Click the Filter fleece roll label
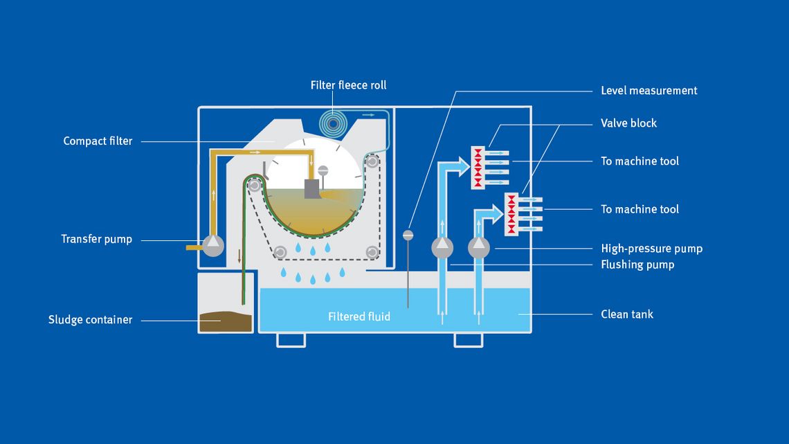(348, 86)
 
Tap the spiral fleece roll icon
(334, 123)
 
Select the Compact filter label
(98, 141)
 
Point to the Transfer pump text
(96, 240)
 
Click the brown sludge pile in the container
(225, 321)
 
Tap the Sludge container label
(90, 320)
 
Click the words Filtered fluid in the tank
(359, 317)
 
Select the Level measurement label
(649, 91)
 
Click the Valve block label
(628, 123)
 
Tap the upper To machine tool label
(640, 161)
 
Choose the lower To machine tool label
(640, 209)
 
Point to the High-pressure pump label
(651, 249)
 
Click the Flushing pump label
(637, 265)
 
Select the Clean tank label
(626, 314)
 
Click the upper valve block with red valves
(478, 167)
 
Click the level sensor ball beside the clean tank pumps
(408, 236)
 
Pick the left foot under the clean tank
(291, 339)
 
